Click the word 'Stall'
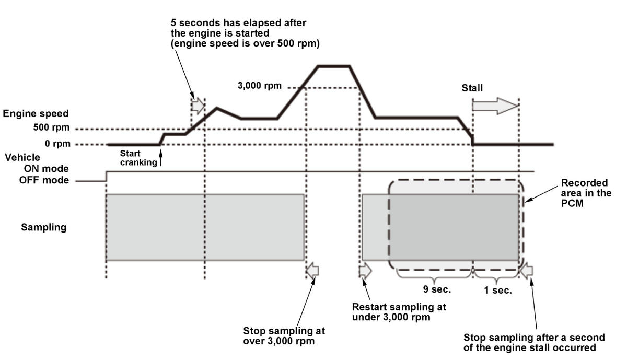click(x=472, y=88)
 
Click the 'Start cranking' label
click(x=138, y=158)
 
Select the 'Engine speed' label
click(x=35, y=113)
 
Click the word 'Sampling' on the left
click(x=44, y=227)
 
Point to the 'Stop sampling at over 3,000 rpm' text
click(x=284, y=336)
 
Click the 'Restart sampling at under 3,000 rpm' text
click(x=399, y=311)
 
